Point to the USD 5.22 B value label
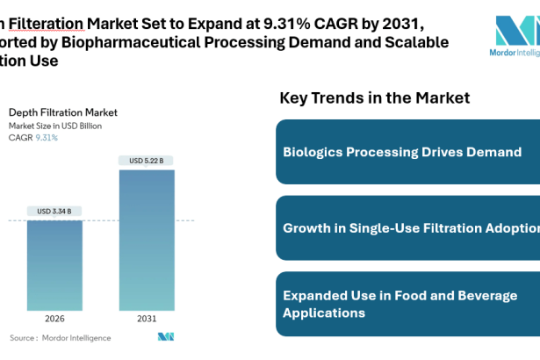[147, 160]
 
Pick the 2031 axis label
[147, 318]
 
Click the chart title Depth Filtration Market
[62, 112]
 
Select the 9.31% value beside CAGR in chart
[47, 138]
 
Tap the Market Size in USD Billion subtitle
[54, 126]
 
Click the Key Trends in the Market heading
[375, 97]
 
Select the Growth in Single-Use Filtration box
[407, 228]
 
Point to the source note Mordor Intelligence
[60, 337]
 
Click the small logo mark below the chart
[165, 337]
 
